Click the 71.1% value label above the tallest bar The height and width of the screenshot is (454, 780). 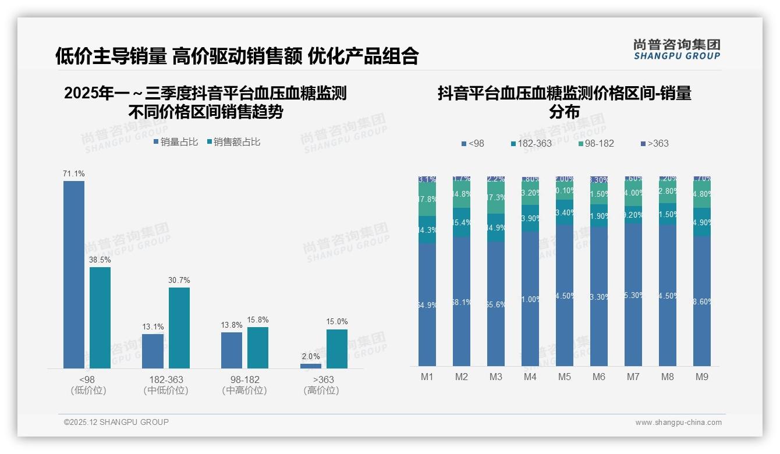[74, 173]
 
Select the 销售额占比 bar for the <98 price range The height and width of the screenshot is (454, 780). [100, 317]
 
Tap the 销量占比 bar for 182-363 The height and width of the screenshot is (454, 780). [153, 351]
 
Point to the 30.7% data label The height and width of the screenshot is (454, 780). [179, 280]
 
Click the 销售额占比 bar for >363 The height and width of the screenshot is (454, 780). [336, 349]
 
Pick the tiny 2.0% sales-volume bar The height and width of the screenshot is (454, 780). [311, 366]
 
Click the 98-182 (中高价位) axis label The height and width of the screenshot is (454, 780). [244, 385]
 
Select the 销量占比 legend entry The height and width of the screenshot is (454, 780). [176, 141]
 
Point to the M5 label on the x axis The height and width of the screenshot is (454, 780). [565, 377]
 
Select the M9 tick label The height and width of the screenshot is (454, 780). [702, 377]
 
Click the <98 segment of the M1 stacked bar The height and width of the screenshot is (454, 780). [427, 304]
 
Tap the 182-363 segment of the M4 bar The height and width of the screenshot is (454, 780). [530, 218]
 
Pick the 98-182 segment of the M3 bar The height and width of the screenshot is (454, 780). [496, 198]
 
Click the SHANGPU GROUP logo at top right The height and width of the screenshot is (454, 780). [676, 49]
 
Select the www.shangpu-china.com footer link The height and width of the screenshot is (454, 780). [678, 423]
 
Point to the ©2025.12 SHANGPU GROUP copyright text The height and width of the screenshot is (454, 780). [116, 422]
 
